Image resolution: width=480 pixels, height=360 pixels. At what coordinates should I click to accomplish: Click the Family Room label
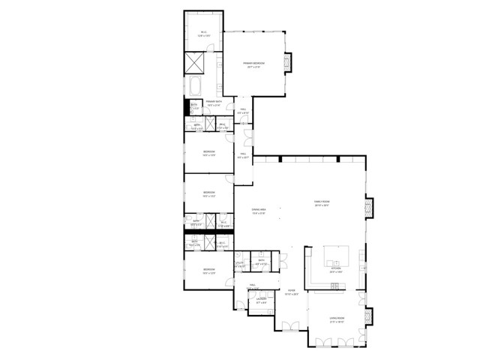click(322, 202)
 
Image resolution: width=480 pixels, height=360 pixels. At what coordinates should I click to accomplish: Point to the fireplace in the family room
click(368, 208)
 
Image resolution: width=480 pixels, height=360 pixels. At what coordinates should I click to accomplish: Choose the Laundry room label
click(262, 300)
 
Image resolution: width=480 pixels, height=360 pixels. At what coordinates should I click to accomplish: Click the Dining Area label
click(259, 211)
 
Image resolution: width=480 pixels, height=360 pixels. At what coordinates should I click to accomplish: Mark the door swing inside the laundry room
click(254, 305)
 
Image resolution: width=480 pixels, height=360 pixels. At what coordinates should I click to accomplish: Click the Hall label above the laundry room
click(253, 286)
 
